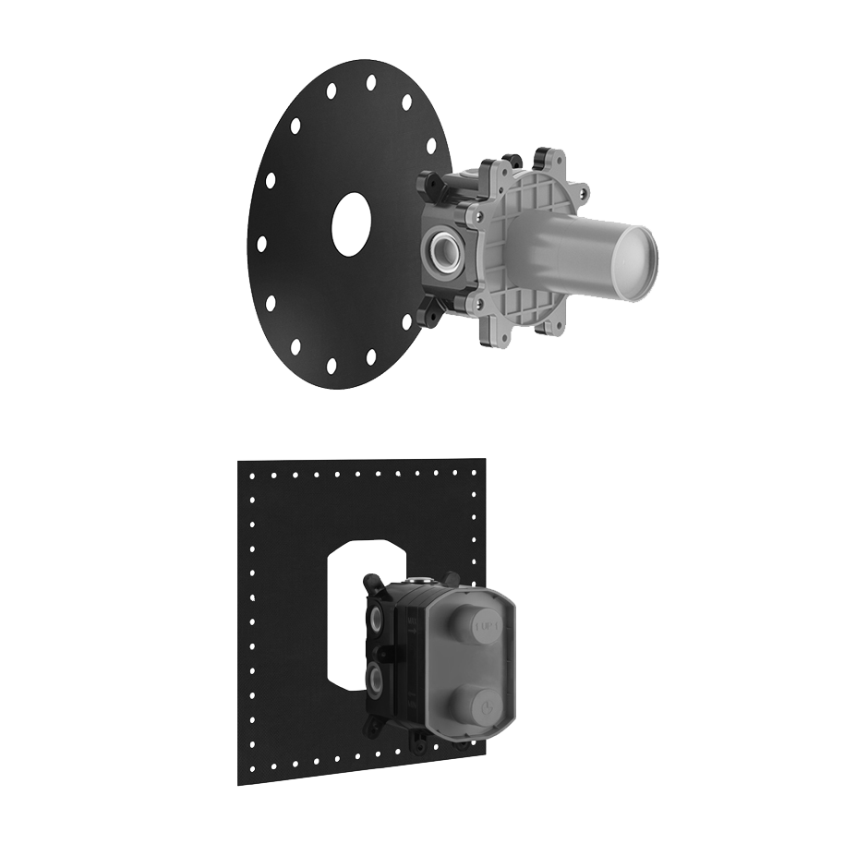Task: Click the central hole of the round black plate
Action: click(351, 225)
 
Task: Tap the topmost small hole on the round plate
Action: click(370, 82)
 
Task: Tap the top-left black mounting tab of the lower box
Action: click(372, 583)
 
